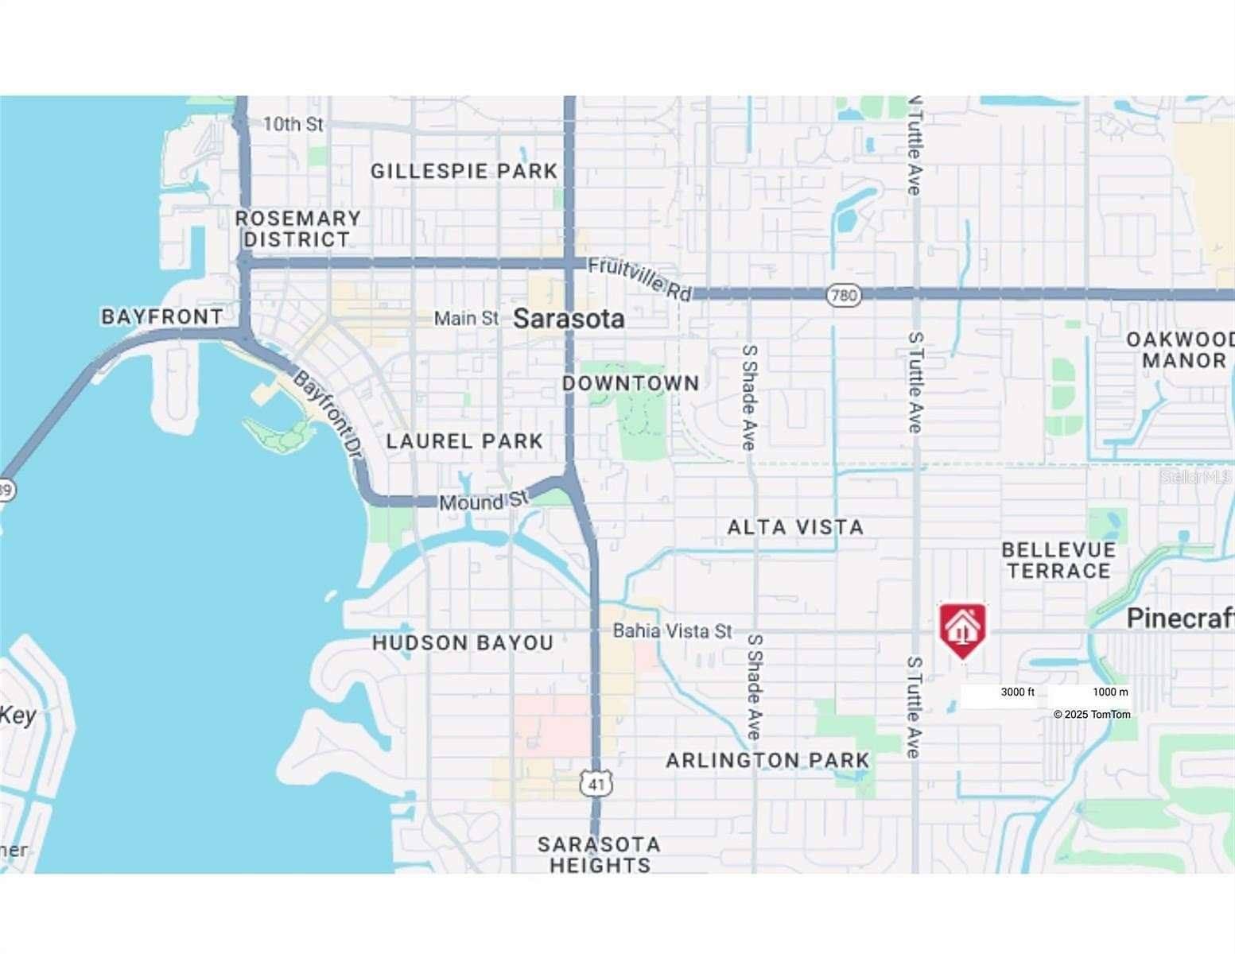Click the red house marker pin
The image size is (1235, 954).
coord(963,629)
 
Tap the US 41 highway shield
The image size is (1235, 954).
coord(596,784)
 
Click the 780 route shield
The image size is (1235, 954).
coord(843,296)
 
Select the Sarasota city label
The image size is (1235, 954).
coord(569,319)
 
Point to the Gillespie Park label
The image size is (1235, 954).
coord(464,171)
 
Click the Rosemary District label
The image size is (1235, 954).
coord(297,228)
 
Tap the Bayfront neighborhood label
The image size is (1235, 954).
coord(162,316)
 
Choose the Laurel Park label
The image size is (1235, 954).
coord(464,440)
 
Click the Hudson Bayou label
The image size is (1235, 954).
coord(463,642)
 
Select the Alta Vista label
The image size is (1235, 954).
coord(795,526)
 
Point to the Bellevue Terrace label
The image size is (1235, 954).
coord(1058,560)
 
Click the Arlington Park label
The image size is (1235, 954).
coord(767,760)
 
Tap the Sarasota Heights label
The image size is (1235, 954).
coord(600,854)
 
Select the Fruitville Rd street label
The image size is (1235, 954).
coord(639,279)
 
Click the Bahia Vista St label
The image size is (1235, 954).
coord(672,630)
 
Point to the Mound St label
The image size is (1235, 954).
coord(484,502)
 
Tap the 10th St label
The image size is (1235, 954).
coord(293,124)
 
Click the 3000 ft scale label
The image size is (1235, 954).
coord(1017,692)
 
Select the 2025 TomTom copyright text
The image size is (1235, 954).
coord(1092,714)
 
